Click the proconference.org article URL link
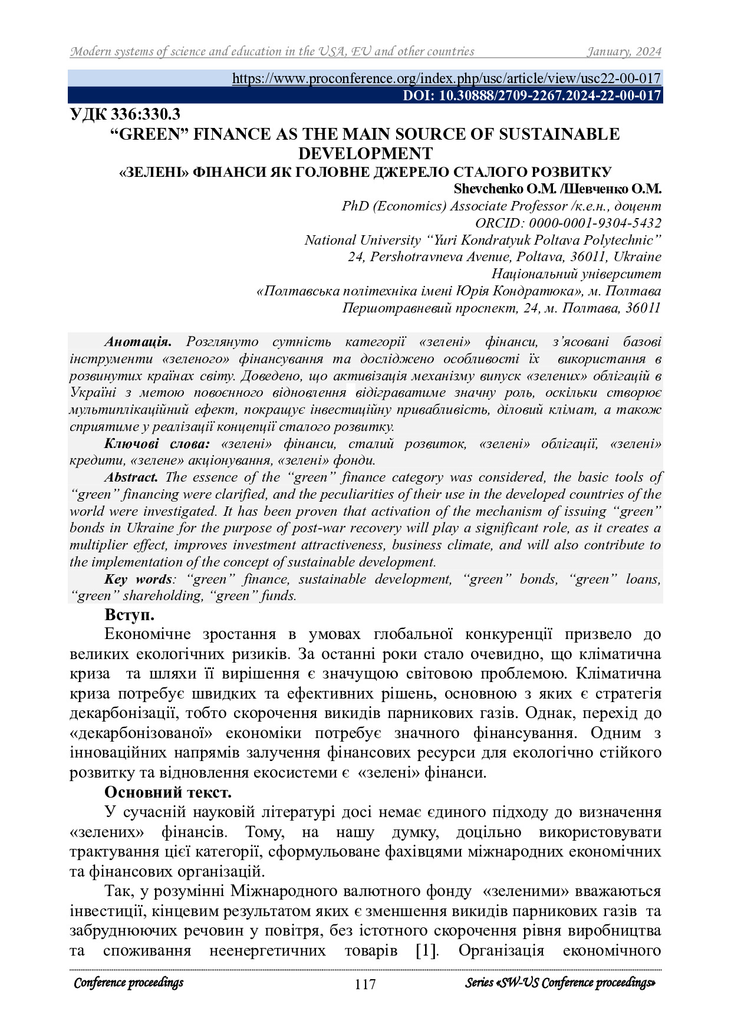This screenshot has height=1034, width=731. [x=446, y=78]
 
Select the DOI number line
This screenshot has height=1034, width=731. [x=532, y=96]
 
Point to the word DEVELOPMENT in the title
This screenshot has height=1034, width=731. [x=365, y=153]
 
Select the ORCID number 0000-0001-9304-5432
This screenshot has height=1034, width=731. [x=595, y=223]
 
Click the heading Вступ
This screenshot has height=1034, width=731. [x=129, y=615]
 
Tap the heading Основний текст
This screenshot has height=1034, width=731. [x=168, y=792]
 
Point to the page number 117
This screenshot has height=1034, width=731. [x=365, y=984]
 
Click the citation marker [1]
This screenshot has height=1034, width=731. [x=427, y=951]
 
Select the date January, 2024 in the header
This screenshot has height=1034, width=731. [x=624, y=52]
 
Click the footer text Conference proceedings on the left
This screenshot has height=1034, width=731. [x=129, y=983]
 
